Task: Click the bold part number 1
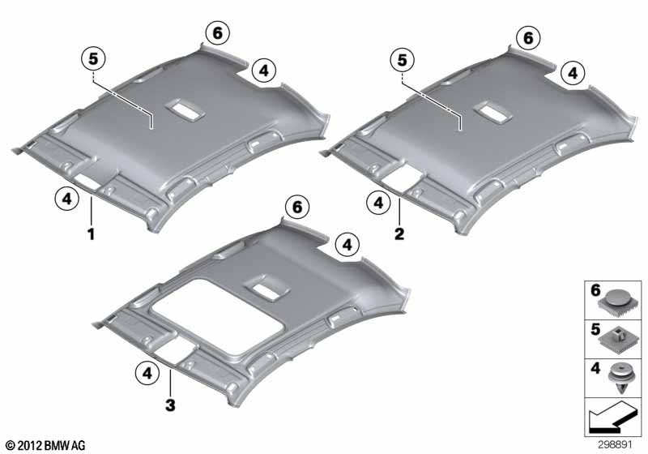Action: (91, 234)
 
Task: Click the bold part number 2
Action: (399, 234)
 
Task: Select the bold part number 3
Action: (170, 405)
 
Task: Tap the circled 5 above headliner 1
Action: (94, 58)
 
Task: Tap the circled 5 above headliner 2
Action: (402, 60)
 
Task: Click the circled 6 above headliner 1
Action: (218, 32)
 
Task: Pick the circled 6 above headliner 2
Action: (529, 37)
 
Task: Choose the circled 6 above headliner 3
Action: (297, 207)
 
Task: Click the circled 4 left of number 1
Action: (67, 199)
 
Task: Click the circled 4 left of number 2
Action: (378, 203)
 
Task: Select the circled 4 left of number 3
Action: (147, 374)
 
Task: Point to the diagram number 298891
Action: (615, 444)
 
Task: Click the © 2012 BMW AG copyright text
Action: (46, 445)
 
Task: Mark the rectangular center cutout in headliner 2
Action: (493, 112)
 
